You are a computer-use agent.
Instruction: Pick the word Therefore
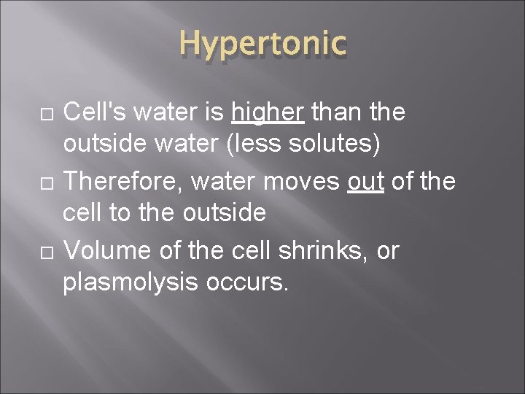[118, 181]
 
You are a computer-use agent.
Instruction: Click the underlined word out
[366, 181]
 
